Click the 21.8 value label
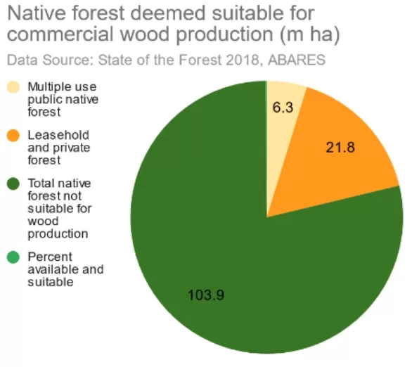[x=340, y=148]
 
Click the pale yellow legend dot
[x=13, y=88]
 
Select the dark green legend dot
[x=13, y=184]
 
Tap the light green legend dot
[x=13, y=257]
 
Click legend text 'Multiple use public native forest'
[x=62, y=98]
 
